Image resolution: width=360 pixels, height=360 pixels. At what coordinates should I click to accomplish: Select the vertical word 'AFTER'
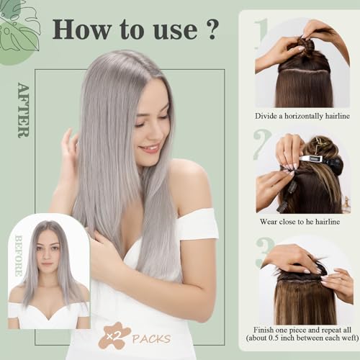[x=22, y=110]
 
